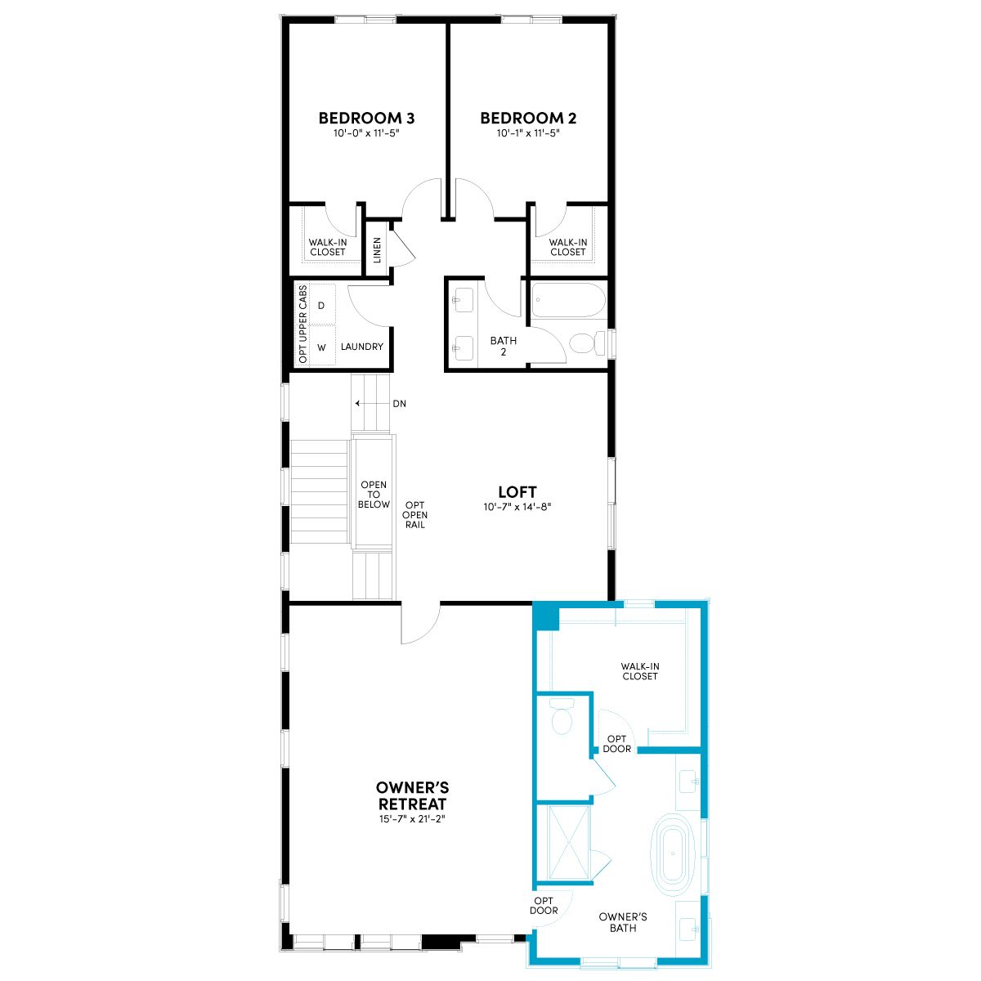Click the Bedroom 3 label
coord(366,118)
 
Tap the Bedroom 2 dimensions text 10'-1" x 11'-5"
coord(528,133)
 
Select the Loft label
coord(517,492)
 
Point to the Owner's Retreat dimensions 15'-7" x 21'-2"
coord(412,819)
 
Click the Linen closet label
coord(377,249)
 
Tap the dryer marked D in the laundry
coord(321,306)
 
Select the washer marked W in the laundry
coord(322,347)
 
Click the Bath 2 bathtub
coord(569,301)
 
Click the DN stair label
coord(400,404)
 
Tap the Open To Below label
coord(374,495)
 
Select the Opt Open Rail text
coord(415,515)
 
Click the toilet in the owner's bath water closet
coord(562,716)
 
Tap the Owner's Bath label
coord(623,922)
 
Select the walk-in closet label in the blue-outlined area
coord(640,671)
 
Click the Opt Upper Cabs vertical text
coord(303,324)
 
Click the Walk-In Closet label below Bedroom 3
coord(328,247)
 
